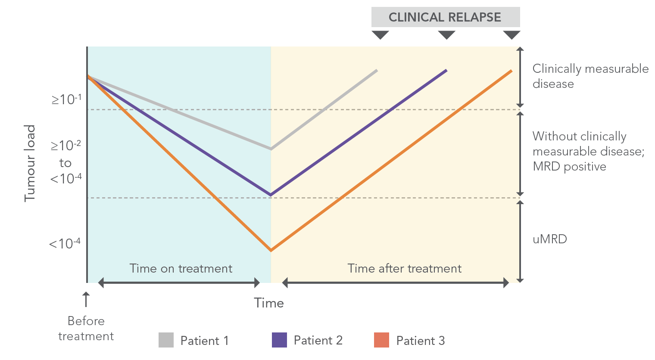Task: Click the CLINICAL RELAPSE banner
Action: pyautogui.click(x=445, y=17)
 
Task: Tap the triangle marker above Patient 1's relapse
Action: pyautogui.click(x=380, y=34)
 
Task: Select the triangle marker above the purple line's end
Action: pyautogui.click(x=446, y=34)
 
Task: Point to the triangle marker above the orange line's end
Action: pyautogui.click(x=512, y=34)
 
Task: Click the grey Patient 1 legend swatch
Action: pyautogui.click(x=166, y=340)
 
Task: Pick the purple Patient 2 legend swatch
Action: pyautogui.click(x=279, y=340)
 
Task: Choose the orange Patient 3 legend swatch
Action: pyautogui.click(x=381, y=340)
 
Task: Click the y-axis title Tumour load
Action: pyautogui.click(x=29, y=163)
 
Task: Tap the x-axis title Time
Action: pyautogui.click(x=269, y=303)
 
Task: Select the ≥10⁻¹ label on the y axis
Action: pyautogui.click(x=66, y=99)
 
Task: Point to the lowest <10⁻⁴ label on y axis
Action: pyautogui.click(x=65, y=244)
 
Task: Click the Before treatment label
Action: pyautogui.click(x=86, y=329)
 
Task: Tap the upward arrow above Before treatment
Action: pyautogui.click(x=86, y=299)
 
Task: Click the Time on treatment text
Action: pyautogui.click(x=181, y=269)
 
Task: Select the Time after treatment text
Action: pyautogui.click(x=404, y=269)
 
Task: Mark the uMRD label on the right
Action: pyautogui.click(x=549, y=239)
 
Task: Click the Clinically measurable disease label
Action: pyautogui.click(x=590, y=76)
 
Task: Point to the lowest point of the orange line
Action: pyautogui.click(x=271, y=250)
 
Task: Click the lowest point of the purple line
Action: pyautogui.click(x=271, y=195)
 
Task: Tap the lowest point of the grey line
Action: pyautogui.click(x=271, y=149)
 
